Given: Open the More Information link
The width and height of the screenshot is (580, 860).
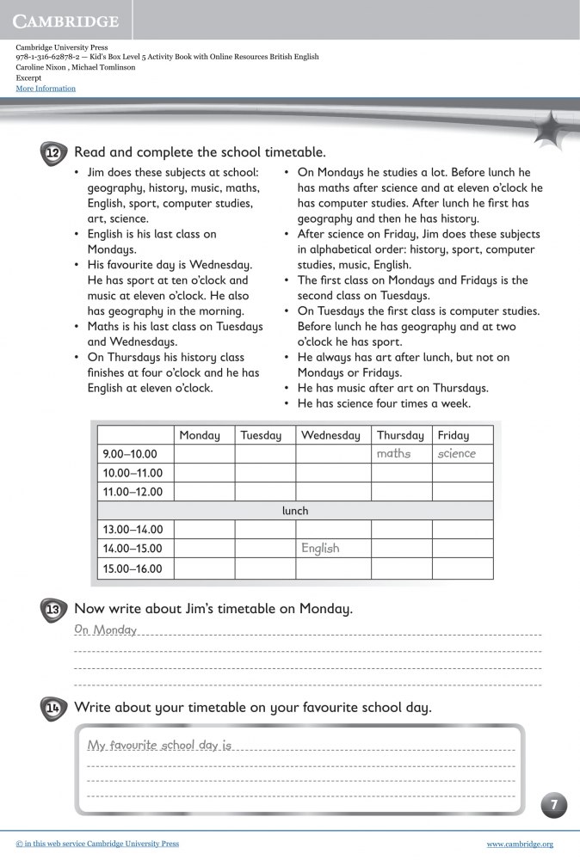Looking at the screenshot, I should point(46,89).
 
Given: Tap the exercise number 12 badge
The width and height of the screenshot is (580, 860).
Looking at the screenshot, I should point(53,153).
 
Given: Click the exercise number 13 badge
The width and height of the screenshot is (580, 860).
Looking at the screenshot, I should point(53,610).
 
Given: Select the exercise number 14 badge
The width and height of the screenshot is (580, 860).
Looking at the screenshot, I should point(53,709).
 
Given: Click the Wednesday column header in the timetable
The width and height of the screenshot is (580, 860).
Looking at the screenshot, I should point(330,435).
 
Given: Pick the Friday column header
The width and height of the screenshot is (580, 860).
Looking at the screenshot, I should point(454,435).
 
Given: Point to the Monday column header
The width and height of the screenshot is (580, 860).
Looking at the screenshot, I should point(200,435).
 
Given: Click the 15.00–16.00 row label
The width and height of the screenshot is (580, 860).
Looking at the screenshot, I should point(133,568).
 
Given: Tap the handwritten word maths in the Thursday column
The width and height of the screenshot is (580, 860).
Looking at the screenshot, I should point(393,454).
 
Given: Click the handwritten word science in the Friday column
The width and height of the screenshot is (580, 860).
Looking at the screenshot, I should point(456,454).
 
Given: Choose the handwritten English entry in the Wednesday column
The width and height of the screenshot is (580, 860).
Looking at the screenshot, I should point(320,549).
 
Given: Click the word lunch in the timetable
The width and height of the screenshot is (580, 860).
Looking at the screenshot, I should point(295,511).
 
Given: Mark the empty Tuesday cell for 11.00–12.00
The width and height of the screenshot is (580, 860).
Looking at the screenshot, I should point(264,492).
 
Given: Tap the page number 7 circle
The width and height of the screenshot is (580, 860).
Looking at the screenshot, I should point(554,806).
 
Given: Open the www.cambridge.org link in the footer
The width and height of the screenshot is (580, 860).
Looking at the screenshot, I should point(520,845).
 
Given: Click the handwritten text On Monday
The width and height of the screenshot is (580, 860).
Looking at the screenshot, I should point(106,630).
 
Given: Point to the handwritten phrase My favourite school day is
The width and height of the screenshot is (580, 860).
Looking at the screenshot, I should point(160,745).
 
